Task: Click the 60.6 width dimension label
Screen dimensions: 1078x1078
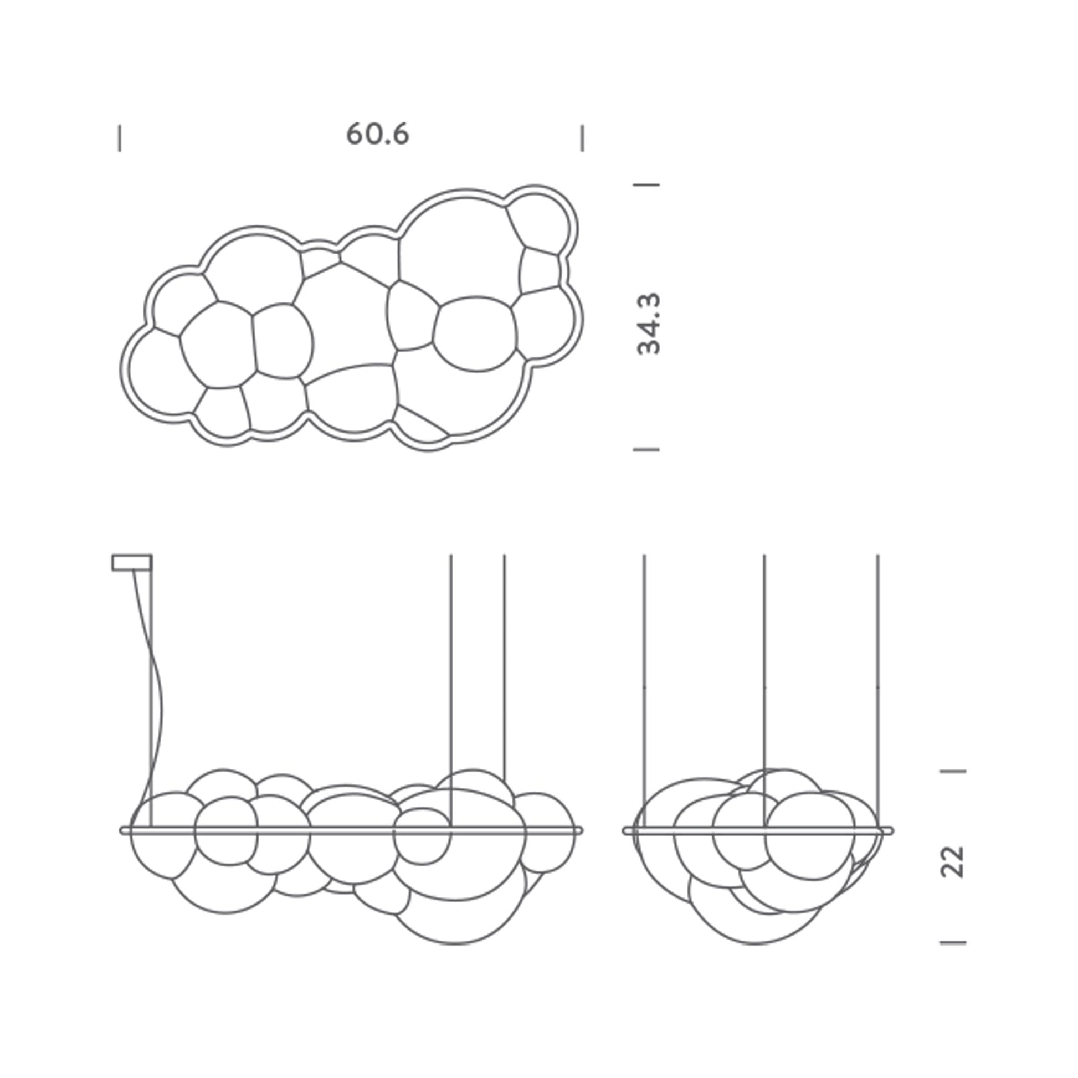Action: (378, 135)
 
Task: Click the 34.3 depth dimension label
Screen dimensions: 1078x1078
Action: (649, 323)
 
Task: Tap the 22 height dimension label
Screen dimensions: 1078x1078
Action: (953, 862)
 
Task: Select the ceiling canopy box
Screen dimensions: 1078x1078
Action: (132, 562)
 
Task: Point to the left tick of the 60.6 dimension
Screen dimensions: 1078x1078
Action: (120, 138)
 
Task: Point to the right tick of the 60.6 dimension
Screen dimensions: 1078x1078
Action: (583, 138)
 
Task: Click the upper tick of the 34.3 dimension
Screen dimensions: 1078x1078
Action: (646, 184)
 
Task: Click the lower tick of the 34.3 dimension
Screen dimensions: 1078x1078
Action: (646, 449)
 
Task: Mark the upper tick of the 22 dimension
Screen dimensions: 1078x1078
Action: (953, 771)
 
